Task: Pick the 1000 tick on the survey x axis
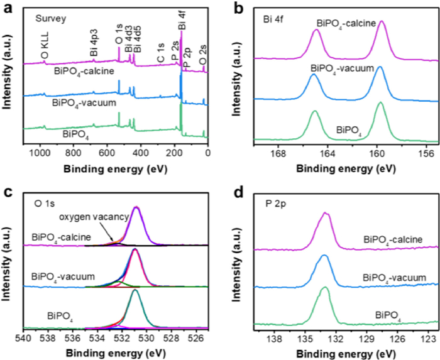pyautogui.click(x=40, y=152)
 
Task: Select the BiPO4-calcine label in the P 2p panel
pyautogui.click(x=392, y=239)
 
